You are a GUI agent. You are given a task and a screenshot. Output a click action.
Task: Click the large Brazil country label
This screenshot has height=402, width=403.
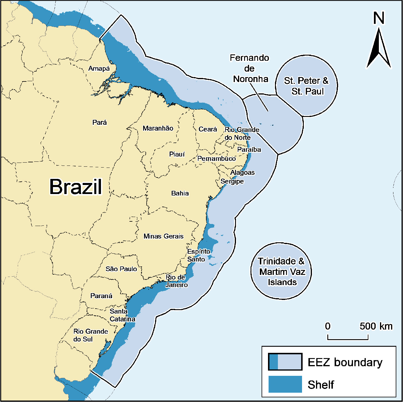click(76, 187)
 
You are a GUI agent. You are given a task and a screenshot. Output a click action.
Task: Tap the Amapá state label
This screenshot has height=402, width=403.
click(99, 69)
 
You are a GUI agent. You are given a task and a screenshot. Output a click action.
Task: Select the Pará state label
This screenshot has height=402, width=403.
click(100, 122)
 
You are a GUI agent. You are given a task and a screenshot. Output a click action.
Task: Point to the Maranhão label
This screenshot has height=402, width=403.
click(158, 128)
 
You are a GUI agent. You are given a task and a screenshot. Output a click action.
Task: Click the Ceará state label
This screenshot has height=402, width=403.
click(208, 129)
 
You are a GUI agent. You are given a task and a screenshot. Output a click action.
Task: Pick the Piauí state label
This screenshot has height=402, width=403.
click(177, 154)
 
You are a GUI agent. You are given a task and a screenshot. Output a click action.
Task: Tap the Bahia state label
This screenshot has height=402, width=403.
click(180, 193)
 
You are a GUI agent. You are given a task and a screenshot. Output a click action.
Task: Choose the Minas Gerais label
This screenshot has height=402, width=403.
click(164, 236)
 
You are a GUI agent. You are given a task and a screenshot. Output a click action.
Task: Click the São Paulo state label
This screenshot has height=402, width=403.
click(121, 269)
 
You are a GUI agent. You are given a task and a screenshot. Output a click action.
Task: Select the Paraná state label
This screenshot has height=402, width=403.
click(101, 296)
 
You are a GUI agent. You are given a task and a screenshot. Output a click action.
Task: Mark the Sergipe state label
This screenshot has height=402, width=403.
click(232, 182)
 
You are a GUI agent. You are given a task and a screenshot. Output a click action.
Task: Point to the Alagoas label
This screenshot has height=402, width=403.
click(242, 172)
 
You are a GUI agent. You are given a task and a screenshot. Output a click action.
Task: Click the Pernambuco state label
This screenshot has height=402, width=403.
click(216, 159)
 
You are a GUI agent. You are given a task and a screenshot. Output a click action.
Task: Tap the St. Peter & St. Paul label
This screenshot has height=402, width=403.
click(306, 86)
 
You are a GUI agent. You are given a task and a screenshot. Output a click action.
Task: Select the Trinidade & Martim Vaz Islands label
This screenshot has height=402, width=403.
click(282, 271)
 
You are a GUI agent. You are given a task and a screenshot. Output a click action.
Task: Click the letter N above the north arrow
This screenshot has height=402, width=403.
click(379, 18)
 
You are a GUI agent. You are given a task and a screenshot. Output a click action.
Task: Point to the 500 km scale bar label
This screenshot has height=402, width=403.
click(376, 326)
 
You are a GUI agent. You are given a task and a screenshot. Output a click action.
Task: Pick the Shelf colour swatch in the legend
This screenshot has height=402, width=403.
click(285, 384)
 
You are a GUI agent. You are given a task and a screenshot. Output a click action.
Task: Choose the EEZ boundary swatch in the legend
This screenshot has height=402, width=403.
click(285, 362)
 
